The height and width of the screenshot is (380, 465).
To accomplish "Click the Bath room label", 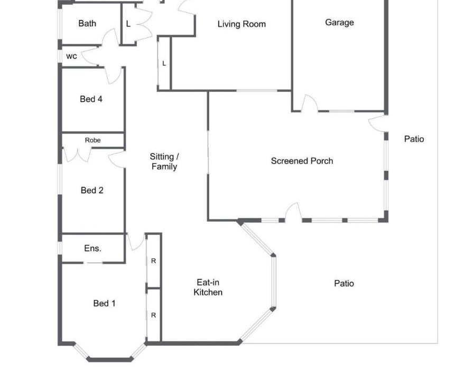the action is pos(87,23).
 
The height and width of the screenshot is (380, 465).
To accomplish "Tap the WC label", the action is pos(71,56).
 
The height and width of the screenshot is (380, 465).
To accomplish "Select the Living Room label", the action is pos(241,24).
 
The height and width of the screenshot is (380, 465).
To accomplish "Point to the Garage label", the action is pos(339,23).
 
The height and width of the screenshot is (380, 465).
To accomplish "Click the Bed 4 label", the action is pos(91,99).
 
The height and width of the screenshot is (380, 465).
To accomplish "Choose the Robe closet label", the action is pos(92,140).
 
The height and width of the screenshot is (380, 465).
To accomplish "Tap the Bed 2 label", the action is pos(92,190).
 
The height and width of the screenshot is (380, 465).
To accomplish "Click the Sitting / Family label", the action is pos(164,161).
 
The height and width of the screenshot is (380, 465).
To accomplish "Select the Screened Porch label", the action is pos(302,161).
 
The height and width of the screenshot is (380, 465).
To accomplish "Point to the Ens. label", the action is pos(93,248).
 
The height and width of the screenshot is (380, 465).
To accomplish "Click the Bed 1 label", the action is pos(104,303).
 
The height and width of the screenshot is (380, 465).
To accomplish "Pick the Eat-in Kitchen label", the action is pos(208,287).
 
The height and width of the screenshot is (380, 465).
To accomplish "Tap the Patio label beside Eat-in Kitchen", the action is pos(344,283).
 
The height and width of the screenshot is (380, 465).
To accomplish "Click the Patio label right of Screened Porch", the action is pos(414,139).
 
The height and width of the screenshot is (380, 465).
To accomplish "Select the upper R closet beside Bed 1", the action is pos(153,261).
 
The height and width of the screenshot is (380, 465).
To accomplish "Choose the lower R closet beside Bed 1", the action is pos(153,315).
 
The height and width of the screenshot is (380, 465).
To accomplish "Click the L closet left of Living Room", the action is pos(164,63).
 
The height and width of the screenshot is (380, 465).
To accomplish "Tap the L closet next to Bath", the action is pos(128,24).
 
